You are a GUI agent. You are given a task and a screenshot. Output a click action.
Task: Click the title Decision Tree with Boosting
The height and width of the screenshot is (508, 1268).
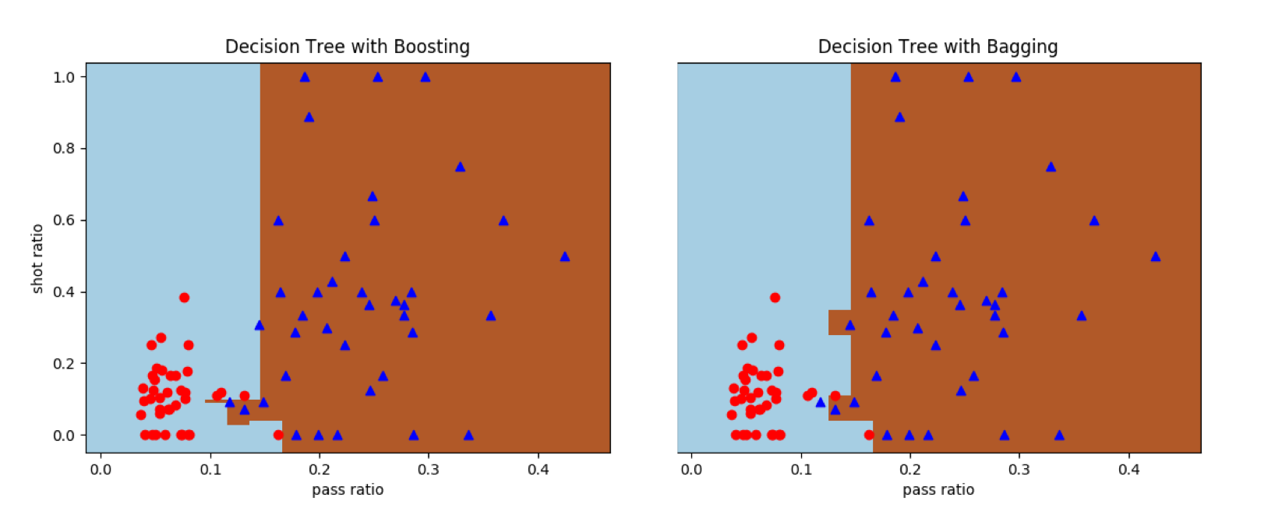tap(348, 47)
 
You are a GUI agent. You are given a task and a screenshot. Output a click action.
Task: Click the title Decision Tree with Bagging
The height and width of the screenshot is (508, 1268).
tap(938, 47)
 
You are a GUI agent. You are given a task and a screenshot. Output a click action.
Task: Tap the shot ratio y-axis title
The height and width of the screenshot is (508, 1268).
tap(37, 259)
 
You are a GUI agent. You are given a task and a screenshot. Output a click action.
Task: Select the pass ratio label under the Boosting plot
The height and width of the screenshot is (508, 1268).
tap(348, 489)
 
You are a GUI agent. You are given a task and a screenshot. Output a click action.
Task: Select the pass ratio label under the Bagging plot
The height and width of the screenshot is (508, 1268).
tap(938, 489)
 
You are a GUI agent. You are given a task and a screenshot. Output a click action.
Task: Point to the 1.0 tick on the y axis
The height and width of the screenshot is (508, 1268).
tap(64, 77)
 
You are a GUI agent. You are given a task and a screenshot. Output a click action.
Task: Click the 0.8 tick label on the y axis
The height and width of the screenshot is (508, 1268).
tap(64, 149)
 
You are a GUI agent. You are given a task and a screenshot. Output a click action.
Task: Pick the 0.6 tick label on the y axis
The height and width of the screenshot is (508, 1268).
tap(64, 220)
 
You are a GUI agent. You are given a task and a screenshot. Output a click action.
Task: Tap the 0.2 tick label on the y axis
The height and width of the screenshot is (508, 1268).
tap(64, 364)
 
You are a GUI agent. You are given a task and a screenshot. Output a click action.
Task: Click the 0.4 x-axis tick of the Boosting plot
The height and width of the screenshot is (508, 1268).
tap(539, 469)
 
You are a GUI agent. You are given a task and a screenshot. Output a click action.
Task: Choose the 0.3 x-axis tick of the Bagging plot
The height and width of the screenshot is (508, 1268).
tap(1019, 469)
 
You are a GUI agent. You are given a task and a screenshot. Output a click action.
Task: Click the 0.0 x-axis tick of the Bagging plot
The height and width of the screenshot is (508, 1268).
tap(691, 469)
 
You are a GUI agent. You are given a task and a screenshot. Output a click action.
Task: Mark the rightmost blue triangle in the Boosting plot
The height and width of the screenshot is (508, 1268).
tap(565, 256)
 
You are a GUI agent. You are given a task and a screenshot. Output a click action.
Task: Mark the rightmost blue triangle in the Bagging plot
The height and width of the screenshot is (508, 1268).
tap(1156, 256)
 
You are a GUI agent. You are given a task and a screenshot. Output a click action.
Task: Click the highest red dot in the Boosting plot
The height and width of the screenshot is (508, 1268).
tap(184, 298)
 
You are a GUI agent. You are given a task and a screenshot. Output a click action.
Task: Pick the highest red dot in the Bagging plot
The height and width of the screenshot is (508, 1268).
tap(775, 298)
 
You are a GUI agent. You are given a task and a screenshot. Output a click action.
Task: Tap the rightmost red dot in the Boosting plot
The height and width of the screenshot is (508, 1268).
tap(278, 435)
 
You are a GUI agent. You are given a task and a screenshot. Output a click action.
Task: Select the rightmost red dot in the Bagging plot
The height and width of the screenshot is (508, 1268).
tap(869, 435)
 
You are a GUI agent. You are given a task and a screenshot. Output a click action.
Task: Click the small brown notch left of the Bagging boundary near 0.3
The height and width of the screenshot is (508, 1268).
tap(839, 323)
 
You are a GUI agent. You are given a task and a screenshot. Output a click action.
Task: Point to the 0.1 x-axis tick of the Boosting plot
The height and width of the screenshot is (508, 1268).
tap(210, 469)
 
